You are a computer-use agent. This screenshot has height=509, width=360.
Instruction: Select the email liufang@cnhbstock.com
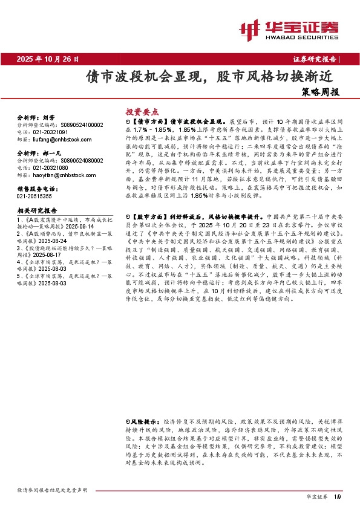click(x=59, y=138)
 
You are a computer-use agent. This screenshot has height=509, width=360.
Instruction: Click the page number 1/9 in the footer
click(x=338, y=496)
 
